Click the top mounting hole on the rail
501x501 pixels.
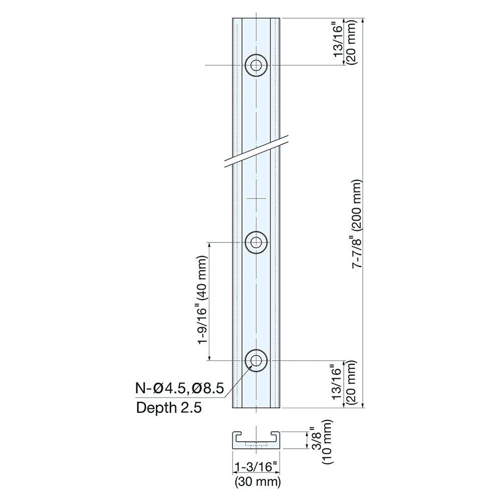tap(256, 65)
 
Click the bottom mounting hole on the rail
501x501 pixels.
tap(256, 360)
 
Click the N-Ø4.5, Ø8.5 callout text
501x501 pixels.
tap(179, 389)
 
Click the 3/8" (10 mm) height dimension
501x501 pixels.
tap(321, 441)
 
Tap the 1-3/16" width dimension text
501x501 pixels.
tap(256, 467)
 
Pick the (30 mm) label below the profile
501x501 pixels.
tap(257, 482)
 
